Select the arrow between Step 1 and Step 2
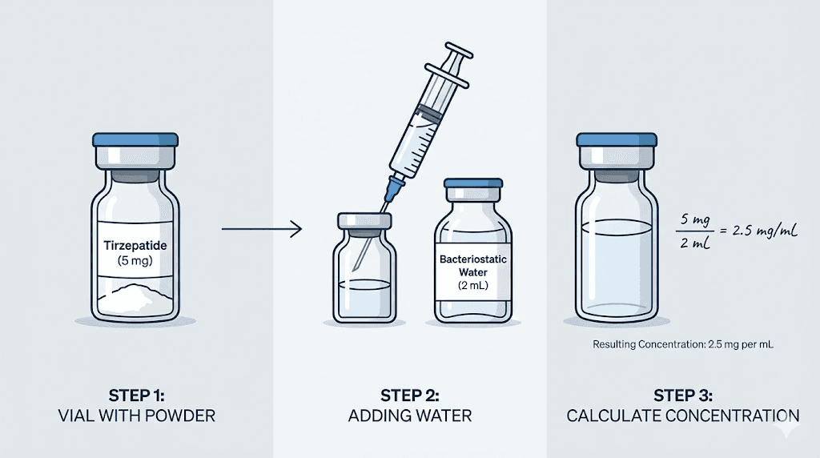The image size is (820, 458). (x=261, y=231)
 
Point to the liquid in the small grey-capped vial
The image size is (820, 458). (x=365, y=296)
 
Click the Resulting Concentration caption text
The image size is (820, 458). (x=683, y=344)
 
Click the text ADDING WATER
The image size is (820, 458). (x=409, y=416)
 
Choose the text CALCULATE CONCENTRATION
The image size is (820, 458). (x=682, y=416)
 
